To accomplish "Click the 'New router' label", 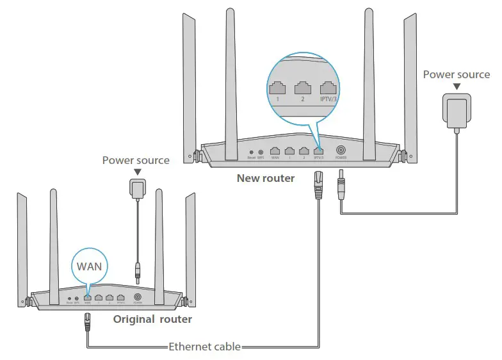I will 265,178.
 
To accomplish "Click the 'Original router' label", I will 152,318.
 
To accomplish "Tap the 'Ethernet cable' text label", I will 204,347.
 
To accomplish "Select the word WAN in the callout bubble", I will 90,265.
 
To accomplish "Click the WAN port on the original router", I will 87,297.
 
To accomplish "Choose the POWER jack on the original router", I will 138,297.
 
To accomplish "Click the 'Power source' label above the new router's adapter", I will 456,75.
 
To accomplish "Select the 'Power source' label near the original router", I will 136,160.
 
